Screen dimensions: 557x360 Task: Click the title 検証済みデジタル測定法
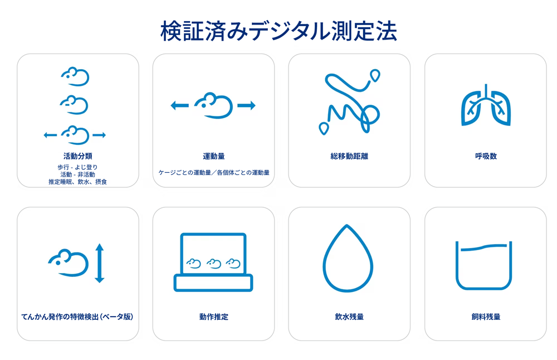pos(278,31)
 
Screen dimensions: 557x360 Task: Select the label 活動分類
pos(78,156)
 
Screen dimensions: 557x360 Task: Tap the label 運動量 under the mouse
pos(214,156)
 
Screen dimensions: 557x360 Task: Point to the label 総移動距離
pos(349,156)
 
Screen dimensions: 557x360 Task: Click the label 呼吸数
pos(486,156)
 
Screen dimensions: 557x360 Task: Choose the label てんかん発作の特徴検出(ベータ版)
pos(77,317)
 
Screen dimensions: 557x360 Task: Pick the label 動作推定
pos(214,317)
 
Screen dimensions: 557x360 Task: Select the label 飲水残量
pos(349,317)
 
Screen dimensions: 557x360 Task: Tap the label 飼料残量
pos(486,317)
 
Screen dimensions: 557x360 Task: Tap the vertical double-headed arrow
pos(100,263)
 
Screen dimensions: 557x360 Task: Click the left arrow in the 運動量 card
pos(180,105)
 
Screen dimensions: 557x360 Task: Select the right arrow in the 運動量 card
pos(247,105)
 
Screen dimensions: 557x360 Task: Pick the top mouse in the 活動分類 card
pos(75,76)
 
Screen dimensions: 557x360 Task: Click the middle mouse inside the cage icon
pos(214,264)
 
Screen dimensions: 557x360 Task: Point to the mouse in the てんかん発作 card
pos(68,263)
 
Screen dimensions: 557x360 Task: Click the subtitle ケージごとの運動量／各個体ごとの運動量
pos(214,173)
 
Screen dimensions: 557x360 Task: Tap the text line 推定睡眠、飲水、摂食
pos(78,182)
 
